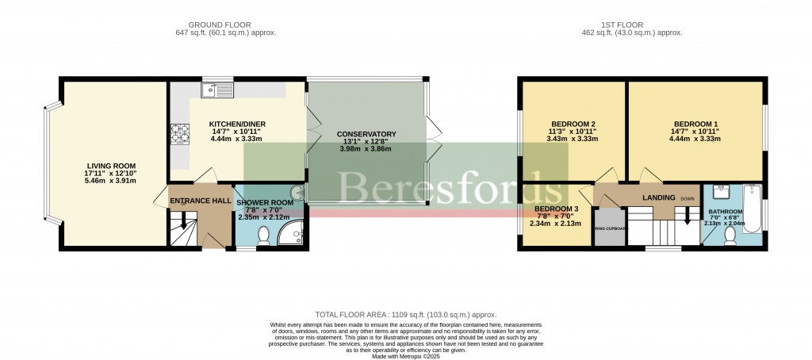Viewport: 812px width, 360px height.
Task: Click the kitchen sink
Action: pos(214,89)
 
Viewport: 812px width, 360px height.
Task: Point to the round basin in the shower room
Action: pos(296,191)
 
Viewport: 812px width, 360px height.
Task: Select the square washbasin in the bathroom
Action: pos(722,191)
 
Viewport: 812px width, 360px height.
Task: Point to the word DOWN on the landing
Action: pos(687,198)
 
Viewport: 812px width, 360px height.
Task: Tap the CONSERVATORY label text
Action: pos(366,134)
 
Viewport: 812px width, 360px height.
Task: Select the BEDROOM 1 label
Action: pos(695,124)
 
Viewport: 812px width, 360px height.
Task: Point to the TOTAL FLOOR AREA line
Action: pos(405,315)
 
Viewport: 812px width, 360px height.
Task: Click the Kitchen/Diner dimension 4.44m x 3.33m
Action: pos(236,139)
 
